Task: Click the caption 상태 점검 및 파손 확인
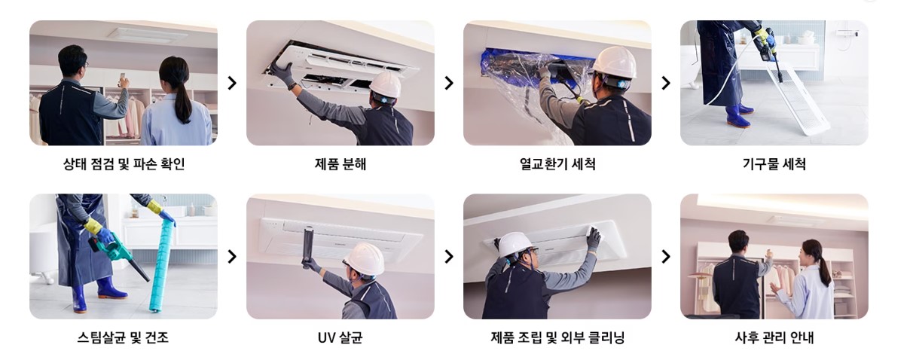coord(124,164)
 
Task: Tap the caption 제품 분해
coord(340,164)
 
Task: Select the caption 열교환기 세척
coord(557,164)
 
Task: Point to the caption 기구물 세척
coord(774,164)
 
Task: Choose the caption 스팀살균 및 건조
coord(124,337)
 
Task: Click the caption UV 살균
coord(340,337)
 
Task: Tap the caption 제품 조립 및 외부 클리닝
coord(557,337)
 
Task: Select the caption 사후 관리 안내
coord(774,337)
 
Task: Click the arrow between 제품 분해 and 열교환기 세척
coord(449,83)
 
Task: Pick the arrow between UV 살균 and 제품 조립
coord(449,256)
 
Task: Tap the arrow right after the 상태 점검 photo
coord(232,83)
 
